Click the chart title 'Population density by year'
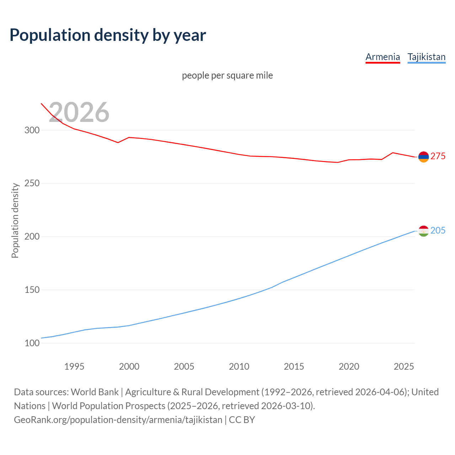[x=108, y=35]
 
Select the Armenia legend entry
[x=382, y=57]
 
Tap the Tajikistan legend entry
[x=426, y=57]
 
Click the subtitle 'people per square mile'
[x=227, y=75]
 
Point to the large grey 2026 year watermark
[x=79, y=112]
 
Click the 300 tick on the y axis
[x=32, y=130]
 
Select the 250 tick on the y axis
[x=32, y=183]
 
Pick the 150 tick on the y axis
[x=32, y=290]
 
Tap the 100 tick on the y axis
[x=32, y=343]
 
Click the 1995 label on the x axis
[x=74, y=366]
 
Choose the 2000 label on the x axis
[x=129, y=366]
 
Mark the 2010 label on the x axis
[x=239, y=366]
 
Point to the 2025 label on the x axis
[x=404, y=366]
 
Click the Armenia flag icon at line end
[x=423, y=157]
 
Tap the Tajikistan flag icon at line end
[x=423, y=231]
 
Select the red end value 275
[x=438, y=156]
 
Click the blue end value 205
[x=438, y=231]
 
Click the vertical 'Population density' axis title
[x=15, y=220]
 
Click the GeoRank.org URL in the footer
[x=118, y=420]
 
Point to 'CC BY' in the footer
[x=242, y=420]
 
